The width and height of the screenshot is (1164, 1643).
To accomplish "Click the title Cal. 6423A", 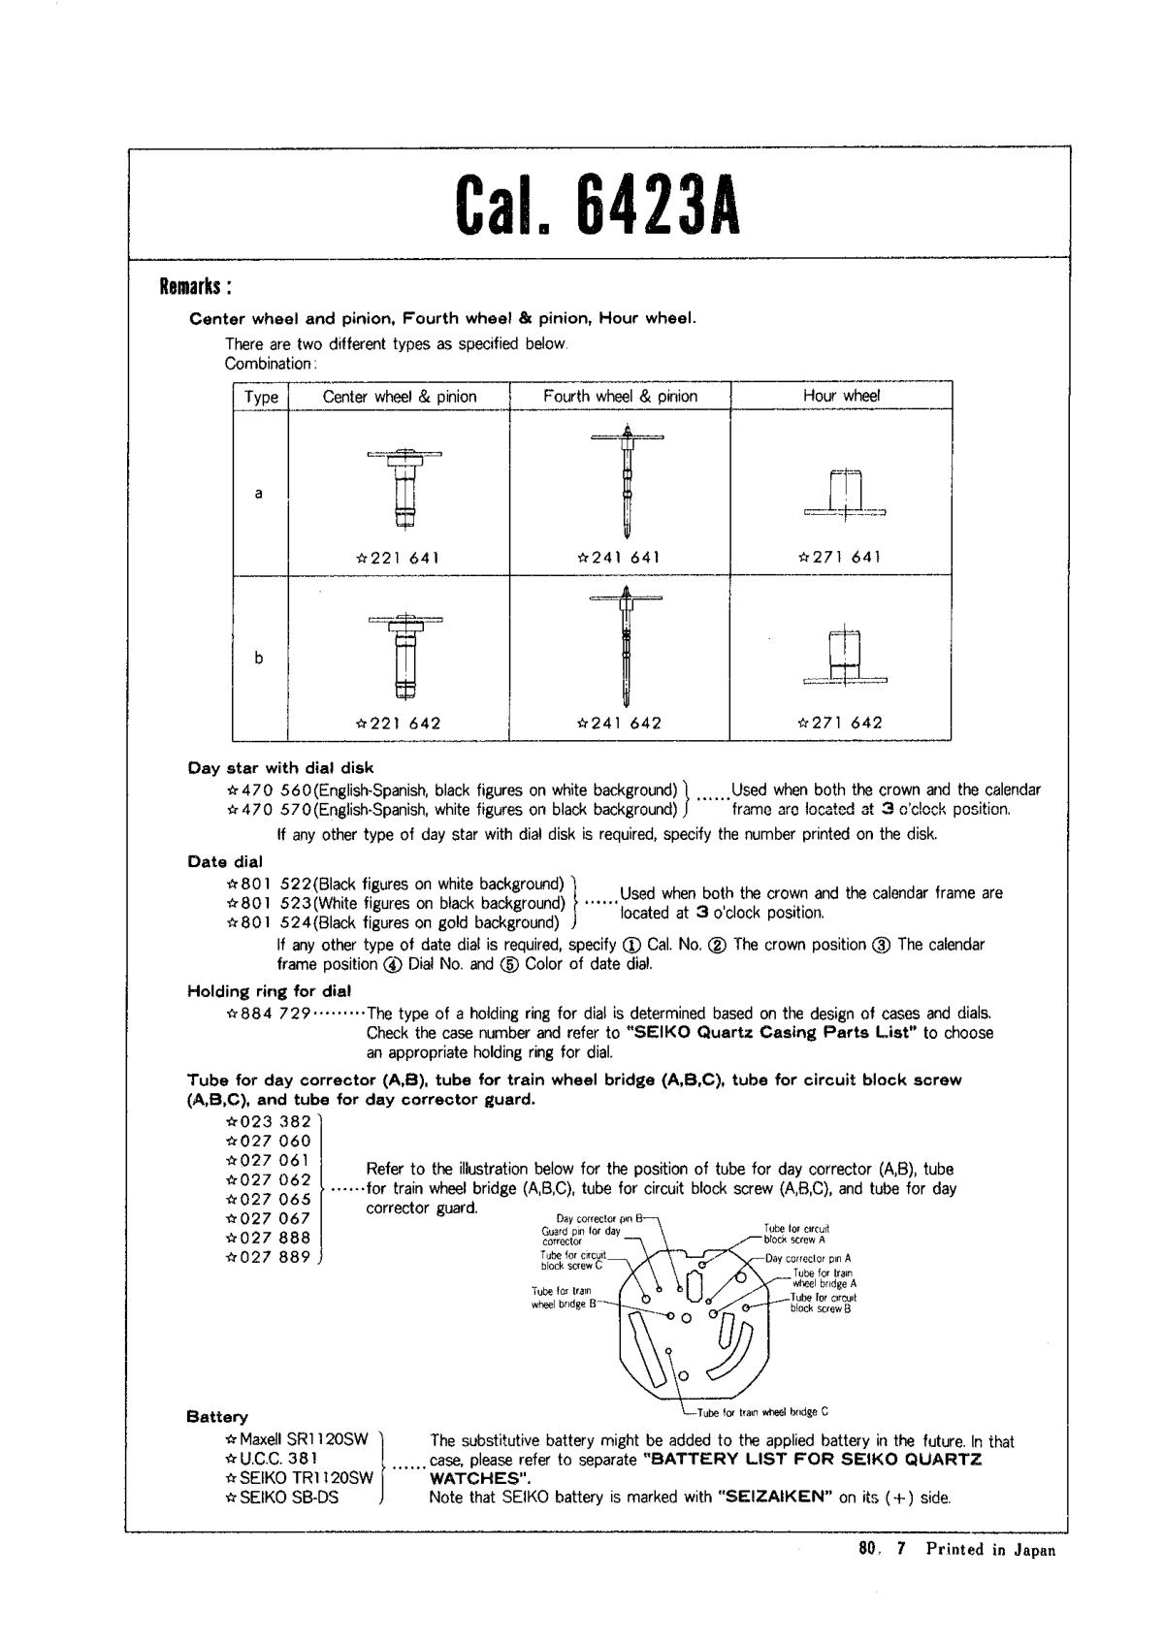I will (x=598, y=206).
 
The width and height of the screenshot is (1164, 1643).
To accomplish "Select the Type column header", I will (x=261, y=397).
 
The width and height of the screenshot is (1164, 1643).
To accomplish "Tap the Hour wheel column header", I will (x=840, y=396).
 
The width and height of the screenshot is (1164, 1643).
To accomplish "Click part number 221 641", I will (x=399, y=558).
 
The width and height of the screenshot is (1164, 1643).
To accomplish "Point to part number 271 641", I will (x=840, y=558).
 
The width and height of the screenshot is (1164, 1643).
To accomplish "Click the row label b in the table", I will (x=259, y=658).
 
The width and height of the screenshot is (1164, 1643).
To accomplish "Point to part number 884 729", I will (x=268, y=1014).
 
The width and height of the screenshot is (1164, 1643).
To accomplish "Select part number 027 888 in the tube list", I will (x=269, y=1238).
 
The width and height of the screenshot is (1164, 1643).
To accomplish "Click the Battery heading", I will (x=217, y=1417).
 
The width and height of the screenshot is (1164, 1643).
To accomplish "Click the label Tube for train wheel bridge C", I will (x=762, y=1412).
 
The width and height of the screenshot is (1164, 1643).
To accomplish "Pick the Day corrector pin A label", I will (x=808, y=1258).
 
